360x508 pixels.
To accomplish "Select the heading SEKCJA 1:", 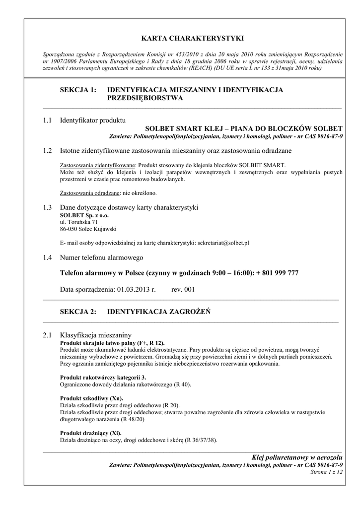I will pyautogui.click(x=77, y=90).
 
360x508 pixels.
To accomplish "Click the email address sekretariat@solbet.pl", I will pyautogui.click(x=223, y=243).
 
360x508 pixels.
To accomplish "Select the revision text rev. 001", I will pyautogui.click(x=183, y=289).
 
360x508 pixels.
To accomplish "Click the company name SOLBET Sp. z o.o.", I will pyautogui.click(x=84, y=216).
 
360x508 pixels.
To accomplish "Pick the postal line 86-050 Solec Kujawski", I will pyautogui.click(x=88, y=229).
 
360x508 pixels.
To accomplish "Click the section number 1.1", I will pyautogui.click(x=48, y=121).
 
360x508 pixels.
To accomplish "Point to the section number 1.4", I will pyautogui.click(x=48, y=257).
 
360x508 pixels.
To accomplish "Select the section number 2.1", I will pyautogui.click(x=48, y=336).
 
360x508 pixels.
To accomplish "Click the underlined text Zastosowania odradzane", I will pyautogui.click(x=86, y=193).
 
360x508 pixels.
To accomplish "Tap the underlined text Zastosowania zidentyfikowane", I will pyautogui.click(x=97, y=165).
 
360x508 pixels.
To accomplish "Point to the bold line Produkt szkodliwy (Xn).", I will pyautogui.click(x=92, y=398).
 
